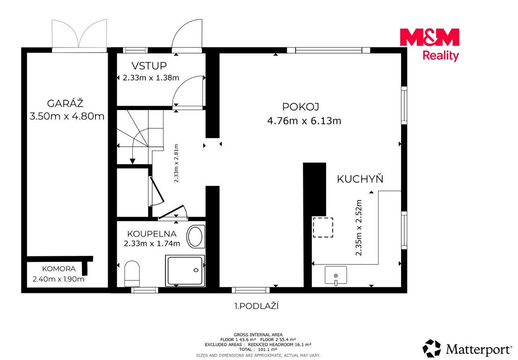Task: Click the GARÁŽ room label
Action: click(65, 103)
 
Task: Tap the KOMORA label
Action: click(59, 269)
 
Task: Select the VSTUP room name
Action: click(149, 66)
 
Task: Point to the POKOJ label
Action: click(301, 107)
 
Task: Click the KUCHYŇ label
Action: click(360, 179)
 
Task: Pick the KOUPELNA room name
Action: click(152, 234)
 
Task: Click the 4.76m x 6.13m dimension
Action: click(304, 121)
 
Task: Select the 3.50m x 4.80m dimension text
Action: click(67, 116)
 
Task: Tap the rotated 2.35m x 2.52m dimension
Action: click(358, 228)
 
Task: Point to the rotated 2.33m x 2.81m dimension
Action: click(176, 164)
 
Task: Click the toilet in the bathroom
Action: click(132, 274)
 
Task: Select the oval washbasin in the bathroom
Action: click(196, 237)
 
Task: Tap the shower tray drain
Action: click(196, 270)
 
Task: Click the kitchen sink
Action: click(336, 275)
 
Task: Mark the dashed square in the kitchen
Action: click(323, 227)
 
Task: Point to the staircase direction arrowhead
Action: click(133, 161)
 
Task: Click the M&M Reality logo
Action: click(429, 45)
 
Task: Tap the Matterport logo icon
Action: click(432, 348)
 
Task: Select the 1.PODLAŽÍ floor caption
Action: click(257, 306)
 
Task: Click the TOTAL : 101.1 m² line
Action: click(258, 350)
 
